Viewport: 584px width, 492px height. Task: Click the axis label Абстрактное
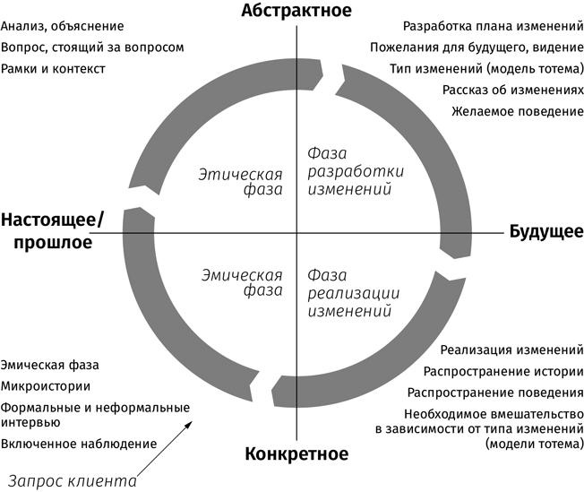pos(296,11)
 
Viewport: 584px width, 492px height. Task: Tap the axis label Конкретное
pos(296,453)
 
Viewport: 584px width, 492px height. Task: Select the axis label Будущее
pos(546,232)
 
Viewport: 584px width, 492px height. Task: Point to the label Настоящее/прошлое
pos(52,231)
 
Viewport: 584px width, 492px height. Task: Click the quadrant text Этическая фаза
pos(241,182)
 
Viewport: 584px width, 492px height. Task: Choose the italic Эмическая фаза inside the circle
pos(241,283)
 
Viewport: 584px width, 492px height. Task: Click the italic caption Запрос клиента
pos(74,480)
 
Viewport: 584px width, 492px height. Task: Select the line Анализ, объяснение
pos(63,27)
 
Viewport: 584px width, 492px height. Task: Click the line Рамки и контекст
pos(54,68)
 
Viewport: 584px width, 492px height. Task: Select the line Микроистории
pos(46,386)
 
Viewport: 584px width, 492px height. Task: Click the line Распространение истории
pos(502,371)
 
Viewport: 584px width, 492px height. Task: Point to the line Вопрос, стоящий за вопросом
pos(93,47)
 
